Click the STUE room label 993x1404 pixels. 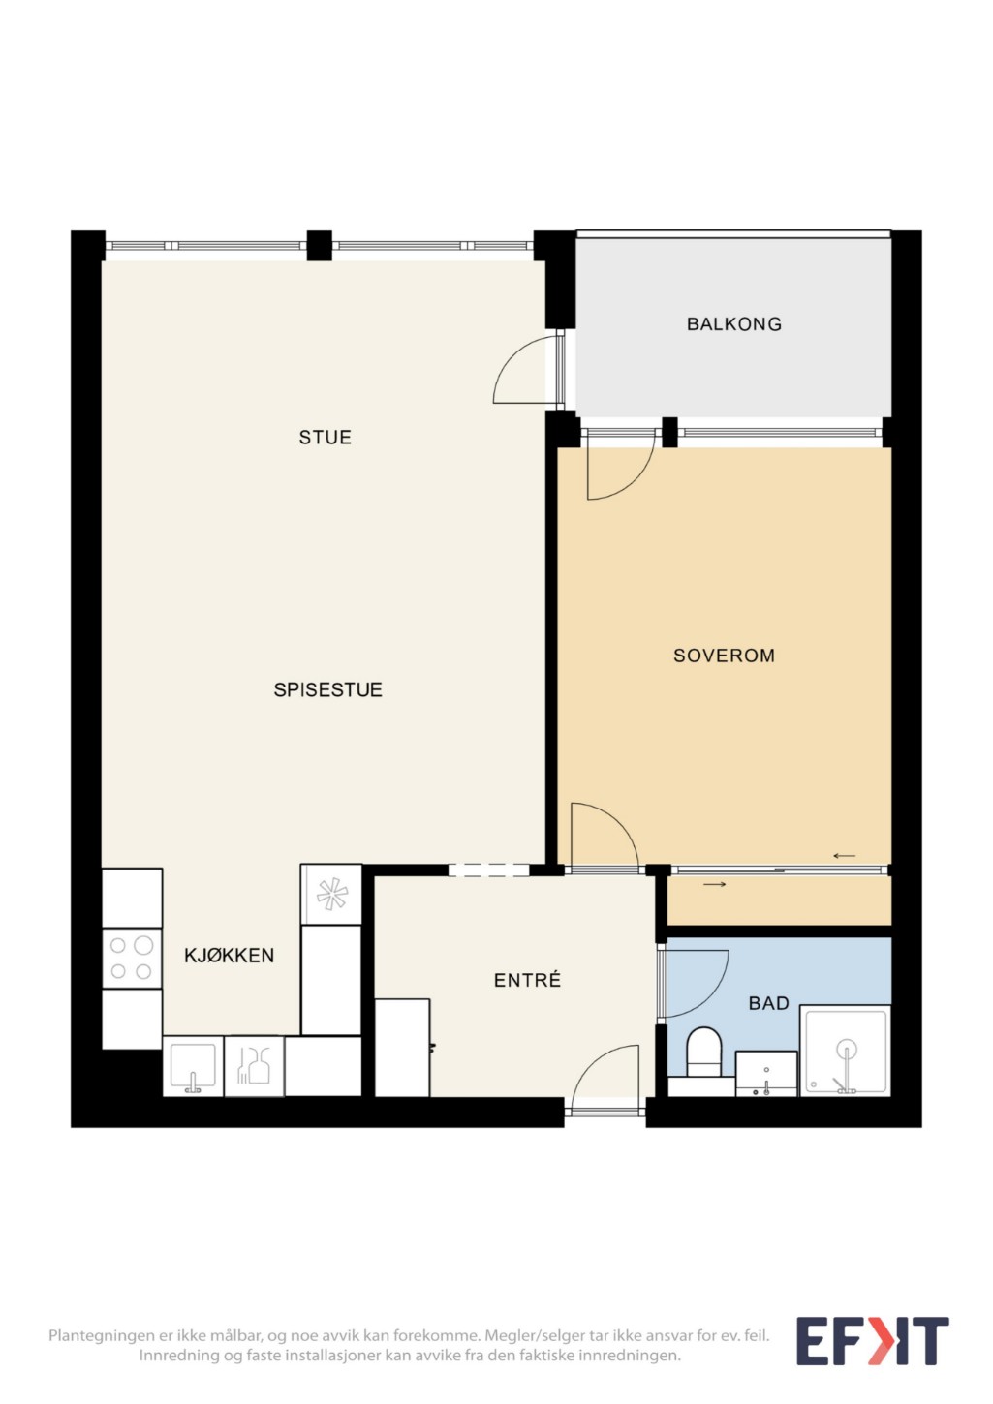click(325, 437)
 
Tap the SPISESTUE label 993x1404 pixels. click(328, 689)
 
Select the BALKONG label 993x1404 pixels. click(734, 324)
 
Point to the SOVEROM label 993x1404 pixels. click(724, 656)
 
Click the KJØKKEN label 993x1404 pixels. click(229, 956)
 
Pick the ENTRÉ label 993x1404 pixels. click(527, 980)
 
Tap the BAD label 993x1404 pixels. click(768, 1003)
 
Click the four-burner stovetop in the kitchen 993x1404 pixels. click(132, 959)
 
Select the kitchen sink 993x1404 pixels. click(193, 1066)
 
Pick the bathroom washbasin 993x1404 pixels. click(766, 1074)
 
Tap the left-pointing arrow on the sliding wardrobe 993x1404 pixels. click(844, 856)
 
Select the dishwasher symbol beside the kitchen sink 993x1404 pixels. click(254, 1066)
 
